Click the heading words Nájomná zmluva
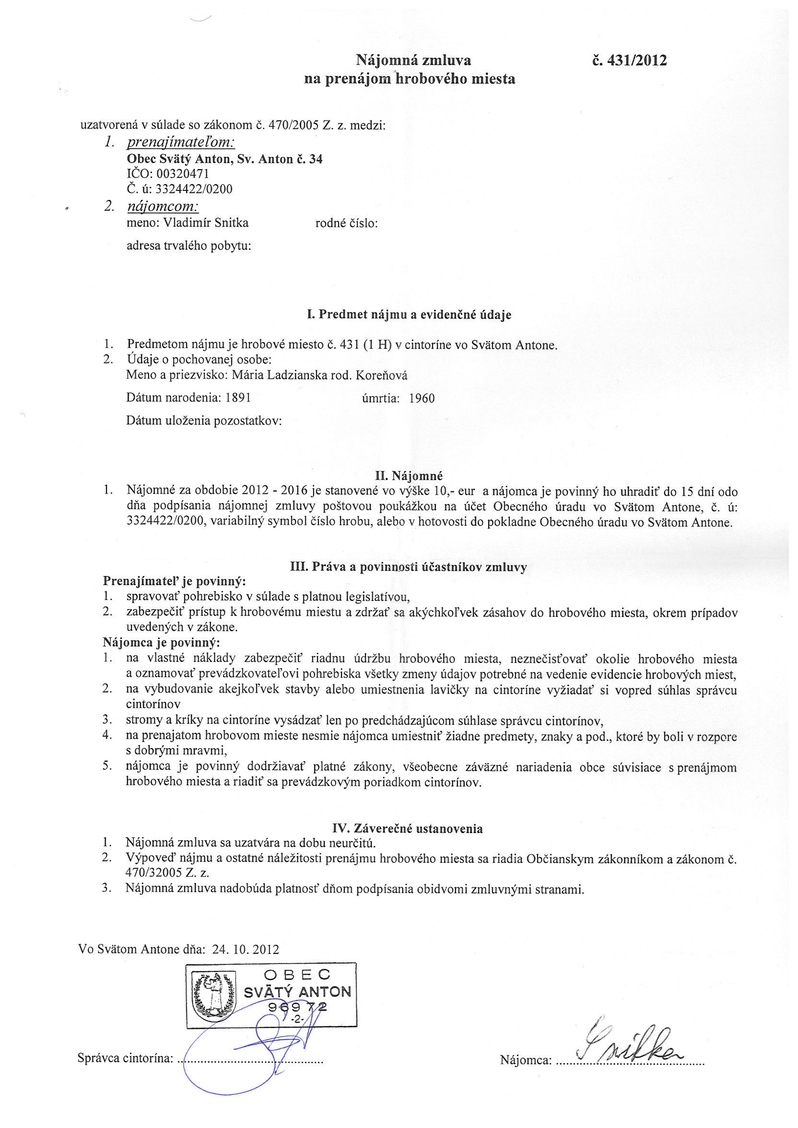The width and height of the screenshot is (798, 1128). [413, 60]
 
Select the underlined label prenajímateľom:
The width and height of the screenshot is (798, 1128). [181, 142]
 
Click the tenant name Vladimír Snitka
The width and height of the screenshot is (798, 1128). [206, 223]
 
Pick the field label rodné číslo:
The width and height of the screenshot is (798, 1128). [346, 223]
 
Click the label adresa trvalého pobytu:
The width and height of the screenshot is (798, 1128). [189, 246]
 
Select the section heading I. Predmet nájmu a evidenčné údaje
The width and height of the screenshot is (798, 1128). [409, 315]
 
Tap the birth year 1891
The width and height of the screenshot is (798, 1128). [238, 398]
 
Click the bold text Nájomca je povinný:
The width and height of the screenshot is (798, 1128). [162, 642]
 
